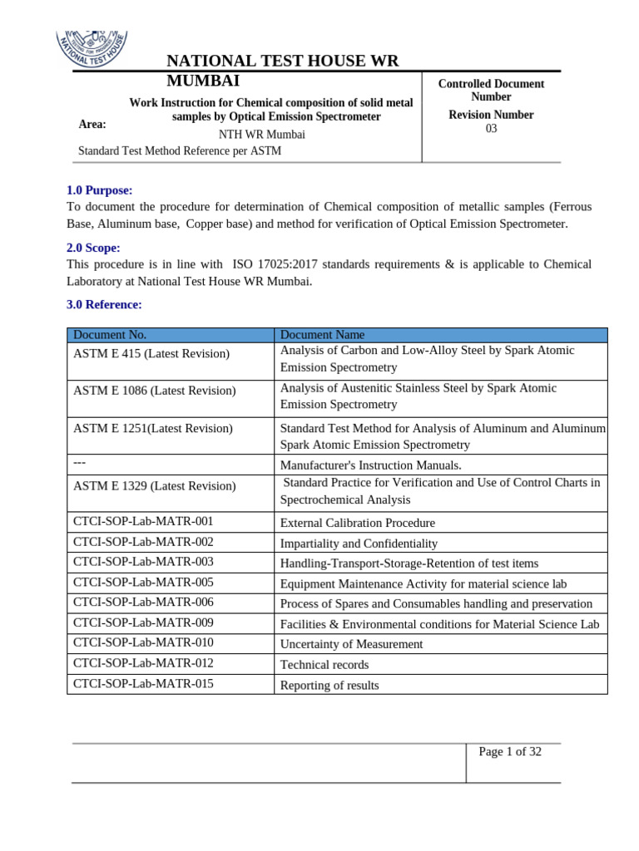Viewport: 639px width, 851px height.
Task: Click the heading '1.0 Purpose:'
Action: coord(99,190)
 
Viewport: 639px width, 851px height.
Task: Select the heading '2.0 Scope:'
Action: coord(93,248)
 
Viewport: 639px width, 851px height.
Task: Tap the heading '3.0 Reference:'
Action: coord(104,304)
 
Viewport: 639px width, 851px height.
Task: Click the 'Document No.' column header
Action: coord(110,335)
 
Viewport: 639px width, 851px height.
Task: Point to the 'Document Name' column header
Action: coord(322,335)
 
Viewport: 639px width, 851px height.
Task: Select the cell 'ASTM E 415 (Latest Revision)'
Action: coord(151,354)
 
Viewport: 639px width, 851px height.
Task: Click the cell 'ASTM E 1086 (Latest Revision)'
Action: coord(154,391)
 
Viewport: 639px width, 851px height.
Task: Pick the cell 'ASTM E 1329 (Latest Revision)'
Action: coord(154,486)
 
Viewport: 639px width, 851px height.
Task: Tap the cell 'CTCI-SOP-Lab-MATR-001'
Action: coord(143,521)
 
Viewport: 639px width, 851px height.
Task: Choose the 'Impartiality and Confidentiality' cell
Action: coord(359,544)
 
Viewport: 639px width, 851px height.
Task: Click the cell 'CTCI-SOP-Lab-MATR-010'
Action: coord(143,642)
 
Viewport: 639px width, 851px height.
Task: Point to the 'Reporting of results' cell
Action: coord(329,686)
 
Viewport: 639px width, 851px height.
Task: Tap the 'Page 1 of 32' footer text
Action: coord(510,752)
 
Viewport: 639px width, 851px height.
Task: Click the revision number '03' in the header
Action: coord(491,129)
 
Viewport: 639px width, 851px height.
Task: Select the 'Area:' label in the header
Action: coord(92,125)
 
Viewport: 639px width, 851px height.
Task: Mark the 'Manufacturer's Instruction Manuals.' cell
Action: coord(370,465)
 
